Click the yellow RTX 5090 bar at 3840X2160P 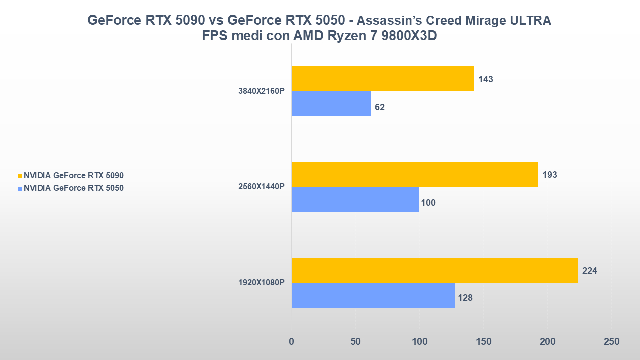point(383,79)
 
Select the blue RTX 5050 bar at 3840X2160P point(331,104)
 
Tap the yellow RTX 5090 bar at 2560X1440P point(415,174)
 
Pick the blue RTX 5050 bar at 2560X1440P point(355,199)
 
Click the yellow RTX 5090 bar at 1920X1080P point(435,270)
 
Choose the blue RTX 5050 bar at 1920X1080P point(373,295)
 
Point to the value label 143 point(486,79)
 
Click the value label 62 point(380,107)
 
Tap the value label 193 point(549,175)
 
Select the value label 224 point(590,271)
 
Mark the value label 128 point(465,298)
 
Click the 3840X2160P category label point(261,91)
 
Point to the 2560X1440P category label point(261,187)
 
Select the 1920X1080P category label point(261,283)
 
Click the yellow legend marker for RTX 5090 point(20,176)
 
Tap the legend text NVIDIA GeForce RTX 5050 point(73,188)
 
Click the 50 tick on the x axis point(355,342)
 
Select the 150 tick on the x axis point(483,342)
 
